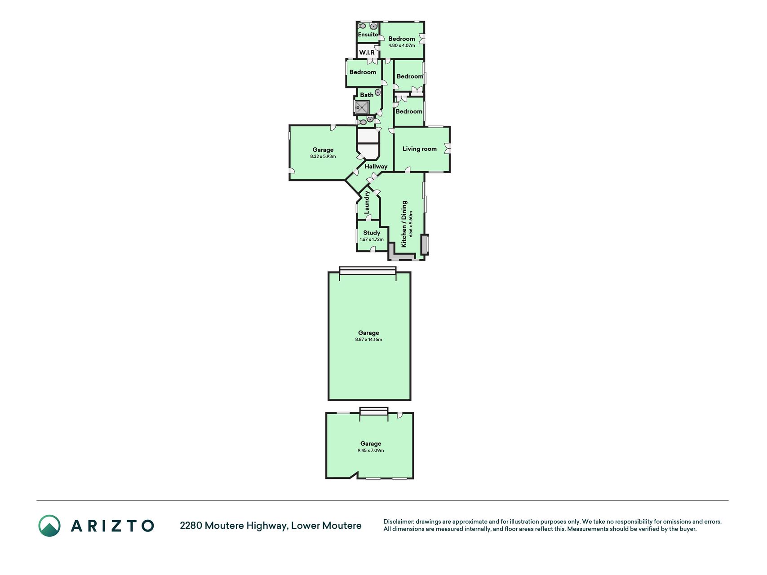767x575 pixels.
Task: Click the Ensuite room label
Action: click(x=368, y=35)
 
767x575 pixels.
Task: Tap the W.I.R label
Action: click(x=367, y=53)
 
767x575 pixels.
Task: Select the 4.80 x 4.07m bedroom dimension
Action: click(x=402, y=45)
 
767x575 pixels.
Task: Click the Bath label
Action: click(x=367, y=95)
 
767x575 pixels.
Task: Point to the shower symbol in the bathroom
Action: click(x=362, y=108)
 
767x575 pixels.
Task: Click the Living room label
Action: click(x=419, y=149)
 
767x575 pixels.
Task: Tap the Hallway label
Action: click(x=376, y=166)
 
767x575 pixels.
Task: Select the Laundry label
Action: click(x=367, y=202)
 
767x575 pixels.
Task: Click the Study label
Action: click(x=372, y=233)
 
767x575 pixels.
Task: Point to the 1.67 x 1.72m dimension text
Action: click(x=372, y=239)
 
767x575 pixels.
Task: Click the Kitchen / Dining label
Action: click(x=404, y=224)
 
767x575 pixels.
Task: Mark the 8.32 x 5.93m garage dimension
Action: click(x=323, y=157)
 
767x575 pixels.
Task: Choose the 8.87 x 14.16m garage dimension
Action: click(x=368, y=340)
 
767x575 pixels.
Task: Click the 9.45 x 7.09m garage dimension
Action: click(x=371, y=451)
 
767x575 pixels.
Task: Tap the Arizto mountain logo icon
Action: click(x=49, y=526)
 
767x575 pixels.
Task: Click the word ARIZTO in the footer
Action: click(x=112, y=526)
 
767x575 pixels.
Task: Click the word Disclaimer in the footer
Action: click(x=399, y=522)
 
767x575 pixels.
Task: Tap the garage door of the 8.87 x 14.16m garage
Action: click(x=368, y=270)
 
